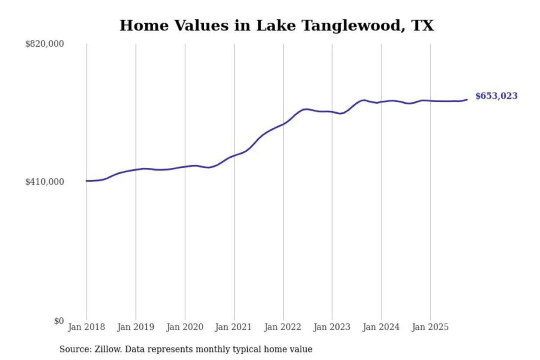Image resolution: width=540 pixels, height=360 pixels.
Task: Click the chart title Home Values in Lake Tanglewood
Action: click(276, 25)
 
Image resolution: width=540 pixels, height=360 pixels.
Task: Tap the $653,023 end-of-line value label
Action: click(496, 96)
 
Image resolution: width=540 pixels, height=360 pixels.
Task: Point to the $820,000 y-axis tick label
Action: click(45, 44)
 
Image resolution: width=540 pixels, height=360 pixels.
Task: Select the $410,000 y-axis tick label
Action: click(45, 182)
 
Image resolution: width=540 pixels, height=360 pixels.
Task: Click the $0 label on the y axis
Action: click(59, 321)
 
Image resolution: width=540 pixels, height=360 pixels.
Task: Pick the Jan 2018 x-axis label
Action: click(86, 327)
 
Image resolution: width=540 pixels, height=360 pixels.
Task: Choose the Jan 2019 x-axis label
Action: click(135, 327)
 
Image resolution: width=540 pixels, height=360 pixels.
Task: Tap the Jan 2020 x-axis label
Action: click(184, 327)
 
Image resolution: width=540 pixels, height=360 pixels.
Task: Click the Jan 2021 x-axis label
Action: click(233, 327)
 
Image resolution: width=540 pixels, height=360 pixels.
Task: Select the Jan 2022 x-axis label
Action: click(282, 327)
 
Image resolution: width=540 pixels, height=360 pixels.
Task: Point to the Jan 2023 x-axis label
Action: click(331, 327)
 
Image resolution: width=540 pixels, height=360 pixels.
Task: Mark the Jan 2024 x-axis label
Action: click(381, 327)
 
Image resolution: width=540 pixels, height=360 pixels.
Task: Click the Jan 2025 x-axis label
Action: click(430, 327)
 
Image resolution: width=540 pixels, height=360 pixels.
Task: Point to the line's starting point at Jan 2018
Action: click(87, 181)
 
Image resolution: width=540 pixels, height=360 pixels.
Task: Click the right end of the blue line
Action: click(467, 99)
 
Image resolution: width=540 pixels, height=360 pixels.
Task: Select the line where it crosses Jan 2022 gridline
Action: click(283, 124)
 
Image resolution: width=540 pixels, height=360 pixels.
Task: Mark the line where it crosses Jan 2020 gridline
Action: click(185, 166)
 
